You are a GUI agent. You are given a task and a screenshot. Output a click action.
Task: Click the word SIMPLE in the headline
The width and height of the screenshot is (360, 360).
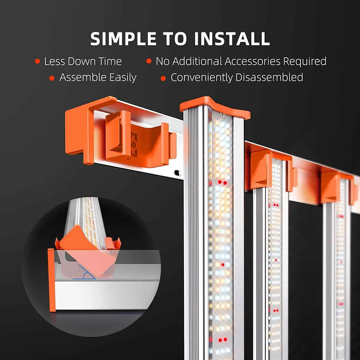point(123,39)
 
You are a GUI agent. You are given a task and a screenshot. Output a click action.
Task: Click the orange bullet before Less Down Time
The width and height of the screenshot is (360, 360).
point(37,61)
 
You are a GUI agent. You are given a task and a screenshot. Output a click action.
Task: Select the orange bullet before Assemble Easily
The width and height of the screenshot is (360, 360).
point(52,78)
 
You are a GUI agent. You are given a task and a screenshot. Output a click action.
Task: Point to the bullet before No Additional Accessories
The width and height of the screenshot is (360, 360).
point(149,61)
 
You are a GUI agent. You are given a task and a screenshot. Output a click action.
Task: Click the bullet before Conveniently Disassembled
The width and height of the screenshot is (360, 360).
point(163,78)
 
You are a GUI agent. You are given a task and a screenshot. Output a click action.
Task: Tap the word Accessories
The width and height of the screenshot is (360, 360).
point(252,61)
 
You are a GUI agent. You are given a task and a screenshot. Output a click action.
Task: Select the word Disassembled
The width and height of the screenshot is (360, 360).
point(269,77)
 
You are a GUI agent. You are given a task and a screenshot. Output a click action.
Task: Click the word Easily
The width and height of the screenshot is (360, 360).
point(123,78)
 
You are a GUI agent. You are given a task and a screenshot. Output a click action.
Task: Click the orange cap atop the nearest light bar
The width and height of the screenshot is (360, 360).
point(215,108)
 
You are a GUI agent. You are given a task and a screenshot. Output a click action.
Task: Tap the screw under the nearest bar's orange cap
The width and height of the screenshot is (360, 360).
point(222,114)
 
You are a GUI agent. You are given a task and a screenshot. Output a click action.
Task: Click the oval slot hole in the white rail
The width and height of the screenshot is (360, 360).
point(178,173)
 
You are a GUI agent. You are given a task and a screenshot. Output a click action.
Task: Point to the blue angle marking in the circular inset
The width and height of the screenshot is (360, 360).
point(85,273)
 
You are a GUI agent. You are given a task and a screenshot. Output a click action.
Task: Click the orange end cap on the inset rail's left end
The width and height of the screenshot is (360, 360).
point(52,280)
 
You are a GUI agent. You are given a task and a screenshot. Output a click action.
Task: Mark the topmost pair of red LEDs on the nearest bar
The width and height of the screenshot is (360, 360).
point(222,182)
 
